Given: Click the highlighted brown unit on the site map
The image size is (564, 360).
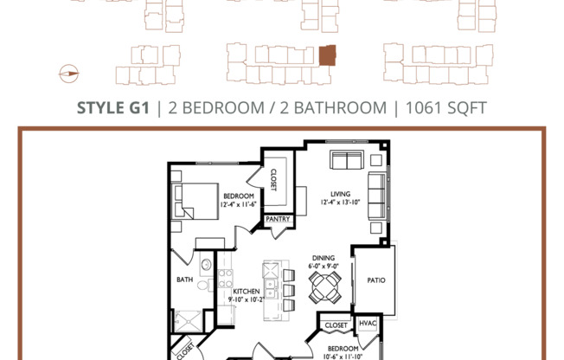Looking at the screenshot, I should click(x=328, y=56).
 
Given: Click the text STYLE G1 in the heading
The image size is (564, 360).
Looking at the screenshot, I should click(x=113, y=108).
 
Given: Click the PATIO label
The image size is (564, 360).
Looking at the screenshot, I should click(x=375, y=280).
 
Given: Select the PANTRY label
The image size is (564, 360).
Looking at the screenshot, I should click(x=279, y=220).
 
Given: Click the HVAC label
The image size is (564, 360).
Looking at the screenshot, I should click(x=369, y=325).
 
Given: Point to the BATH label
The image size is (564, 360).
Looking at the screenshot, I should click(x=185, y=280).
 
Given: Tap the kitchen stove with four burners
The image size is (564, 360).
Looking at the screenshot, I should click(x=225, y=278).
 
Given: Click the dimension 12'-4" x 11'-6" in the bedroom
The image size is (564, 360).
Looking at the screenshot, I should click(x=237, y=204).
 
